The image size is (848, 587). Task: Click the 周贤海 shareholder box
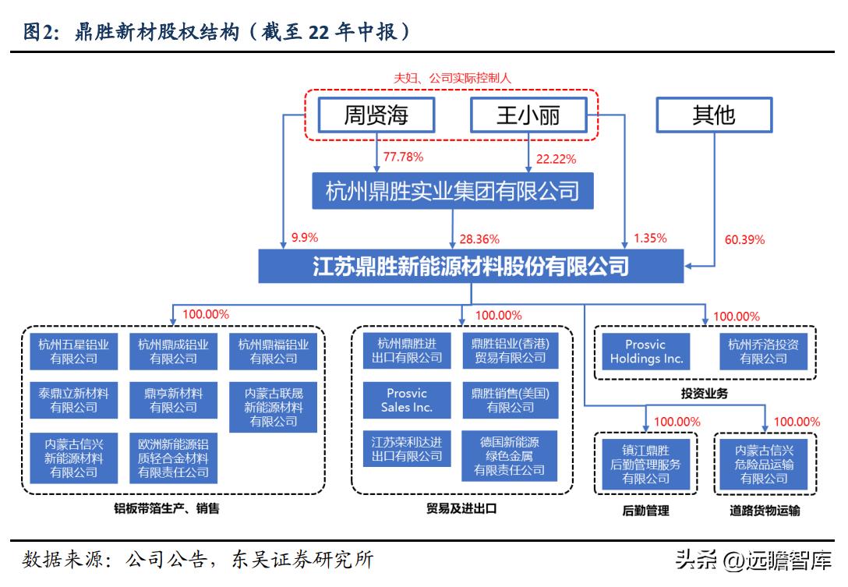(376, 116)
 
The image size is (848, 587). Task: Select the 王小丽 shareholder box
(528, 116)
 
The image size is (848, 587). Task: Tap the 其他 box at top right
(713, 116)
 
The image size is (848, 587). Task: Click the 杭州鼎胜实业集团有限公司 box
(452, 190)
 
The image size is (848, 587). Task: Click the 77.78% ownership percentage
(403, 157)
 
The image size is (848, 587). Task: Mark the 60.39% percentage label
(744, 239)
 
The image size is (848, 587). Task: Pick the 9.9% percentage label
(305, 237)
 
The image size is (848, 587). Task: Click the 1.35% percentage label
(650, 238)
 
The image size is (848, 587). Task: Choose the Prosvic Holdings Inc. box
(646, 352)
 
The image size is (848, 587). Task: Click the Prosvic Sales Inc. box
(407, 401)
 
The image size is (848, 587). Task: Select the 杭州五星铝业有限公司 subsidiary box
(74, 352)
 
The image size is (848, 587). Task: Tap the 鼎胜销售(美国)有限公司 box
(510, 401)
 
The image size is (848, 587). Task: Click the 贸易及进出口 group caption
(461, 509)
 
